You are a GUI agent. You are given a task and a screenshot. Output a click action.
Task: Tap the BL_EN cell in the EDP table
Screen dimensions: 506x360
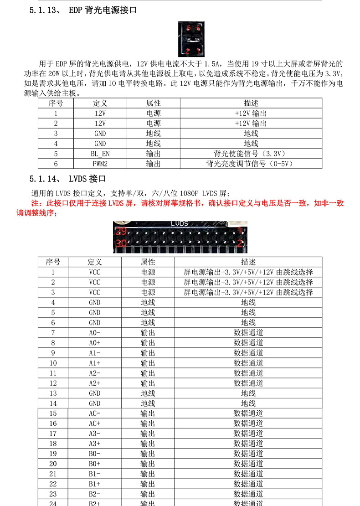tap(100, 154)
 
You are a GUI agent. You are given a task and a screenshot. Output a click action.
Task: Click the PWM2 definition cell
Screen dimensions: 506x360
tap(100, 164)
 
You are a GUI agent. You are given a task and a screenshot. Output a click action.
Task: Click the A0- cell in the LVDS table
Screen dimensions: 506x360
tap(95, 333)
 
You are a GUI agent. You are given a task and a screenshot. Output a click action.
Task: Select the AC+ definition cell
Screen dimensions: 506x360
tap(95, 423)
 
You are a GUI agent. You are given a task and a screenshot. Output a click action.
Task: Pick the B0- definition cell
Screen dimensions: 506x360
tap(95, 454)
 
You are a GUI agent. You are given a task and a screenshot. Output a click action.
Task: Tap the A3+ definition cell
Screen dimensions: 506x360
tap(95, 444)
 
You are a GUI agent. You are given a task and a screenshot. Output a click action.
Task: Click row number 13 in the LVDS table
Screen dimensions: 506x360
tap(53, 393)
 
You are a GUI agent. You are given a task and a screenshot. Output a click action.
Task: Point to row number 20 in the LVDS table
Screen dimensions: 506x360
tap(53, 464)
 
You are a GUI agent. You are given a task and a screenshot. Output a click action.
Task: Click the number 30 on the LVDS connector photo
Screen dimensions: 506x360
tap(121, 244)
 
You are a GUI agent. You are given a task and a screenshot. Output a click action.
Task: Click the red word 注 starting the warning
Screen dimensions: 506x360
tap(34, 203)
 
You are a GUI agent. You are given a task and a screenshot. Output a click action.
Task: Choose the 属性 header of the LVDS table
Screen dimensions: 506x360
tap(148, 262)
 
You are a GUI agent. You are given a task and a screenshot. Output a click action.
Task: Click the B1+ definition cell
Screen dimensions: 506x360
tap(95, 484)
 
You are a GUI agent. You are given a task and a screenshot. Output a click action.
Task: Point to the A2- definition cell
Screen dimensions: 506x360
tap(95, 373)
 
